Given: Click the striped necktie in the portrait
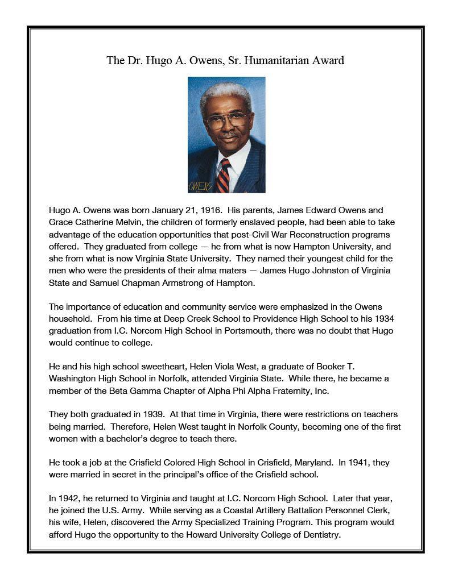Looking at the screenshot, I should tap(223, 175).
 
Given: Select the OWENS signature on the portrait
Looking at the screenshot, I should tap(200, 186).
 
